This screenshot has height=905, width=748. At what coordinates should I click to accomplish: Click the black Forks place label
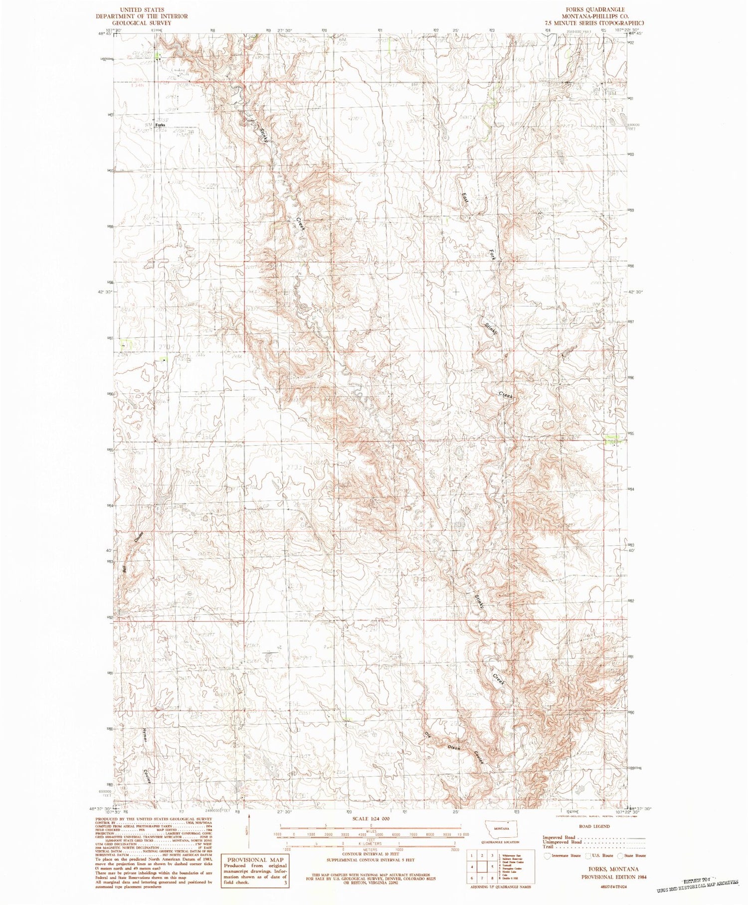pos(160,125)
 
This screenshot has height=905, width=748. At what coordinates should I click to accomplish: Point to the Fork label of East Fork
pos(492,255)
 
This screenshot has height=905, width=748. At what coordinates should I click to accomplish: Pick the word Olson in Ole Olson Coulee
pos(454,748)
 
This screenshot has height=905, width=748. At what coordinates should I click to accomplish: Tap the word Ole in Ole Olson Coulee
pos(427,735)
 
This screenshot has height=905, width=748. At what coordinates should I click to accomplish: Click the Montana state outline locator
pos(502,828)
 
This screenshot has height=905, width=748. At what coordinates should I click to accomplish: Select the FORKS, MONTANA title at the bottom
pos(613,869)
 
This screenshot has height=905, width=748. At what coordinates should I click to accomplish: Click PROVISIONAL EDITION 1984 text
pos(613,877)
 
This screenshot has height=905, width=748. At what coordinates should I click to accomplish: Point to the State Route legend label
pos(635,855)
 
